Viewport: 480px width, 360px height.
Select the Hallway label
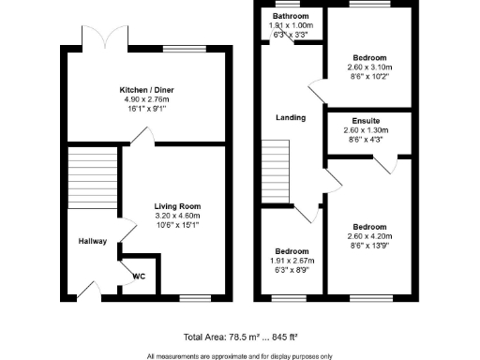tap(92, 242)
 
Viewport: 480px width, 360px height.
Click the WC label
tap(139, 277)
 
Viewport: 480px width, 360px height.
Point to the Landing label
tap(288, 117)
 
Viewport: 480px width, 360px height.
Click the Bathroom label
tap(292, 17)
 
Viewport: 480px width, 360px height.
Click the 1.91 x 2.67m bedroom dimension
tap(292, 261)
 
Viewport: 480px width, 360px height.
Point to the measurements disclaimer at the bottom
tap(239, 355)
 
